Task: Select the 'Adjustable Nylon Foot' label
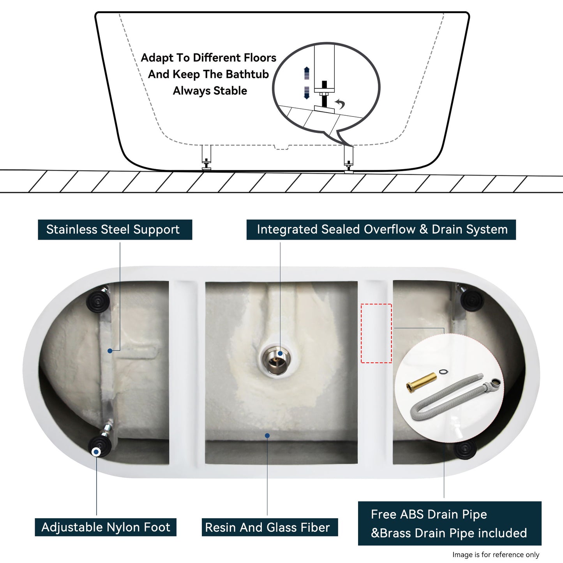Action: pyautogui.click(x=105, y=527)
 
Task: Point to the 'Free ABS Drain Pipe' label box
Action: pyautogui.click(x=449, y=523)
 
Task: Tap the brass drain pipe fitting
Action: pyautogui.click(x=421, y=382)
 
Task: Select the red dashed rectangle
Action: pyautogui.click(x=376, y=334)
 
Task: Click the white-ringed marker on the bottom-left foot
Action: pyautogui.click(x=96, y=452)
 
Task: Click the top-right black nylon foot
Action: pyautogui.click(x=472, y=300)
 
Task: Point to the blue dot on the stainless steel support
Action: pyautogui.click(x=110, y=351)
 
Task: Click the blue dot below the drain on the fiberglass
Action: pyautogui.click(x=267, y=436)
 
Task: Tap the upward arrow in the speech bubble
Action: pyautogui.click(x=307, y=72)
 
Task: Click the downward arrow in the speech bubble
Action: pyautogui.click(x=307, y=93)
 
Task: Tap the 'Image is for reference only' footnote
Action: pyautogui.click(x=496, y=554)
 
